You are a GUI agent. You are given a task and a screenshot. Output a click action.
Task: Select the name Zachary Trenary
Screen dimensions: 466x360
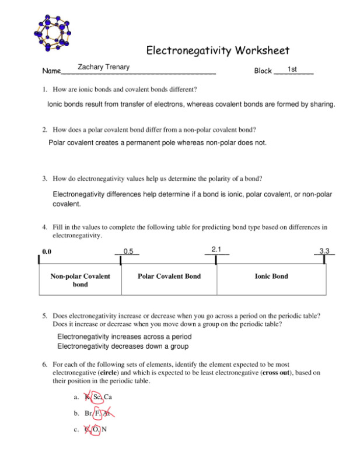point(104,67)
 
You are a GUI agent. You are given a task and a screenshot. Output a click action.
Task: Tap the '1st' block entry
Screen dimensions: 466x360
point(293,69)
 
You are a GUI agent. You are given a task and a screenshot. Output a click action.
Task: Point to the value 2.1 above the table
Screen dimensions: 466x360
point(216,249)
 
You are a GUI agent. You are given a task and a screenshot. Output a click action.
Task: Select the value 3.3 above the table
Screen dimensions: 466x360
point(324,251)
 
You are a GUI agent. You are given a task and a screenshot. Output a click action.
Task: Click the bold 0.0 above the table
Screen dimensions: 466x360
point(47,252)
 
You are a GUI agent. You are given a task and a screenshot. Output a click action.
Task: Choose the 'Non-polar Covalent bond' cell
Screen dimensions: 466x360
point(80,280)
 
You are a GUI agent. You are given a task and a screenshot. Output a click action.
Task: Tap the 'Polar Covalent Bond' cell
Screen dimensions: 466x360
point(169,276)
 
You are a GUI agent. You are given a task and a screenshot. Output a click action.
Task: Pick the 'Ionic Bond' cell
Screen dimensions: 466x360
point(271,276)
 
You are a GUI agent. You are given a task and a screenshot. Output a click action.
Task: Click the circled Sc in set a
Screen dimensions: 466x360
point(97,398)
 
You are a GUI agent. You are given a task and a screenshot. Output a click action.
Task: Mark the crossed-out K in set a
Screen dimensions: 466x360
point(88,398)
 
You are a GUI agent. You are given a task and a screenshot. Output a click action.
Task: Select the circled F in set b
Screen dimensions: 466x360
point(98,414)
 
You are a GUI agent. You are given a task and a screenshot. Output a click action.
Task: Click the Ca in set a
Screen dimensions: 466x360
point(108,398)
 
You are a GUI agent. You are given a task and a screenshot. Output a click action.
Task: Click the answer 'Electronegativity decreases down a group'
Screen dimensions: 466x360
point(123,346)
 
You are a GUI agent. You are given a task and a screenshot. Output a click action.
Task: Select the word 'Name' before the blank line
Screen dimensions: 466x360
point(51,71)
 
